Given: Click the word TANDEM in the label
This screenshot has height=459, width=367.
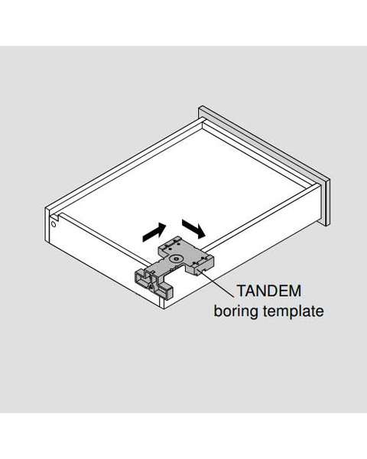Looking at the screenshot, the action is point(269,291).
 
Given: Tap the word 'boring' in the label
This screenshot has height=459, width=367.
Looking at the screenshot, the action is point(235,311).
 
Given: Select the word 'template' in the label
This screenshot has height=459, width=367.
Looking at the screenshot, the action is point(294,311).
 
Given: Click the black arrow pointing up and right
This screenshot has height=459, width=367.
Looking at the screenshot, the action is point(154,233).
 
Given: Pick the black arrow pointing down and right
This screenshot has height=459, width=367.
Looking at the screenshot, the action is point(193,229).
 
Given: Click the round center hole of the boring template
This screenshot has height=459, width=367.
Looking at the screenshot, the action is point(177,259).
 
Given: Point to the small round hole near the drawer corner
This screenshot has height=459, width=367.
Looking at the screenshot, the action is point(54,225).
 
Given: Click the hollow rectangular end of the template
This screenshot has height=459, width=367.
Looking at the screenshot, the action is point(141,279).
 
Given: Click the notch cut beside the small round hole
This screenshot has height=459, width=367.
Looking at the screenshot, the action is point(56,217).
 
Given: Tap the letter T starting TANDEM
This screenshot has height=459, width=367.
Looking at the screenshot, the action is point(242,291).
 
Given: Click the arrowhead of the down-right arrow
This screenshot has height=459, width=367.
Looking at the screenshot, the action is point(201,232).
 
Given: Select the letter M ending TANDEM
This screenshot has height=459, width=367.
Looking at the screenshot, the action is point(295,291).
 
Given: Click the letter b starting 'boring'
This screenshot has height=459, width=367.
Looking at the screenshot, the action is point(218,311).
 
